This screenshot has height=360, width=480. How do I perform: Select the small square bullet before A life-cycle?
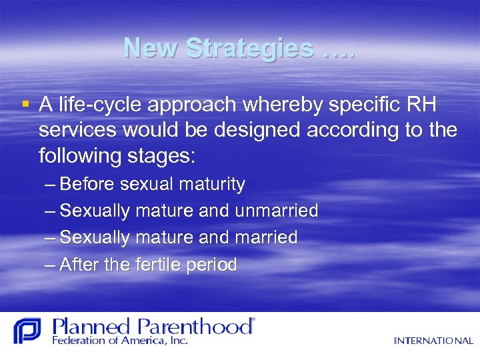tap(25, 103)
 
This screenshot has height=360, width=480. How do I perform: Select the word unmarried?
tap(276, 211)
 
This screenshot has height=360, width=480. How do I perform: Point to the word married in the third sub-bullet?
tap(266, 237)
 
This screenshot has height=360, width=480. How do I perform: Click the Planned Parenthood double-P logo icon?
tap(27, 331)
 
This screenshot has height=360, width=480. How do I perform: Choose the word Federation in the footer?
tap(78, 341)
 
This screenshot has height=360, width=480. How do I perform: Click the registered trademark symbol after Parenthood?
tap(251, 321)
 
